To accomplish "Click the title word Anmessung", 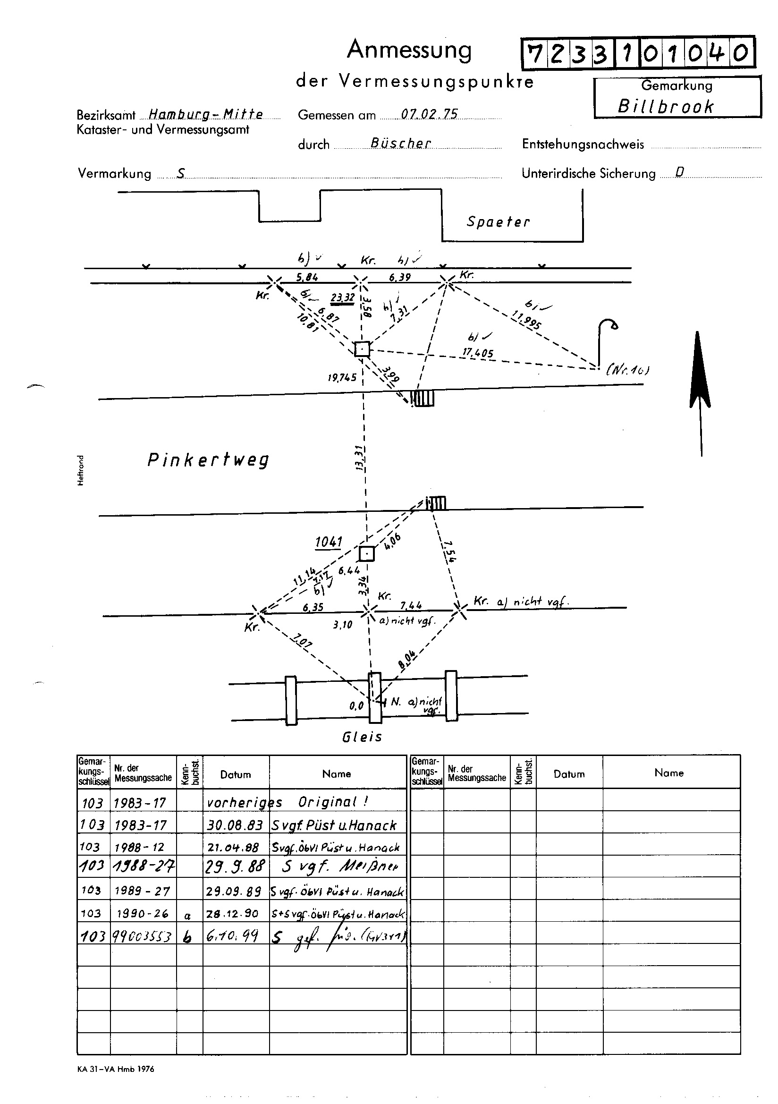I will [409, 50].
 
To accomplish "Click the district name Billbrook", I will [666, 107].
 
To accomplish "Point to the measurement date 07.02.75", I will [430, 114].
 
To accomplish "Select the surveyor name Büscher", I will [400, 143].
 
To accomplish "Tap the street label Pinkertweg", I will [208, 460].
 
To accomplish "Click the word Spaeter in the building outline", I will [498, 222].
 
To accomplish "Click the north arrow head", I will [698, 365].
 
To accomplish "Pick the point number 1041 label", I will [329, 542].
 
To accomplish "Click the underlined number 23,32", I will [342, 298].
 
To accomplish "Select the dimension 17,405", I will [477, 353].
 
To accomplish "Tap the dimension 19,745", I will [342, 377].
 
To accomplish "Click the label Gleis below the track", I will [362, 737].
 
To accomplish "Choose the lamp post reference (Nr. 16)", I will [628, 370].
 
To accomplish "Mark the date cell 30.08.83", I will [235, 825].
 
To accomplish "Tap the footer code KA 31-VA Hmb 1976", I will [115, 1069].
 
